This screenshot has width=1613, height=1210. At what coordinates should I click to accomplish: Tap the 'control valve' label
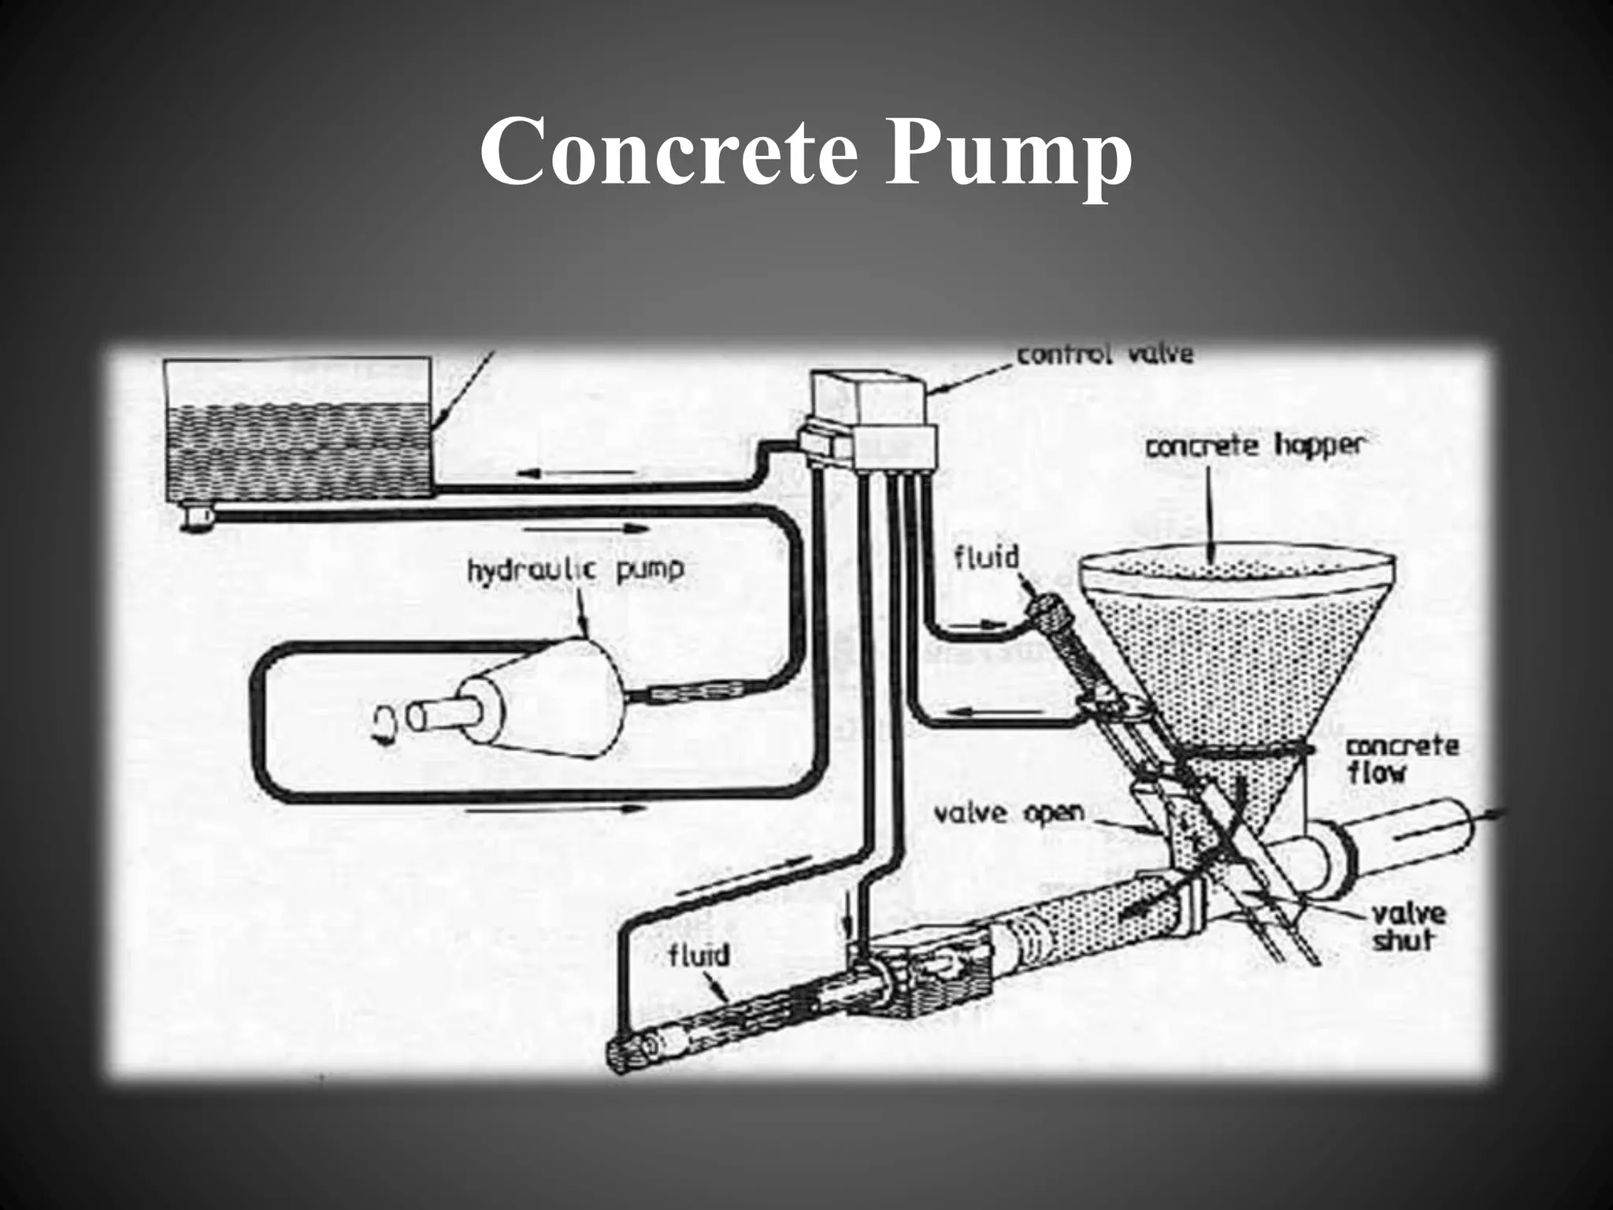point(1105,354)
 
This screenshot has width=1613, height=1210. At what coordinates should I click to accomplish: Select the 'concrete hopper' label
point(1254,447)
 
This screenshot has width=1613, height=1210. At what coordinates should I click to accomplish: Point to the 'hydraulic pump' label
point(576,569)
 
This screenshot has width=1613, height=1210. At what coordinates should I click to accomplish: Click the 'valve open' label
point(1008,812)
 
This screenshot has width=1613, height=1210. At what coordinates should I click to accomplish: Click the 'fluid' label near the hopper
point(986,558)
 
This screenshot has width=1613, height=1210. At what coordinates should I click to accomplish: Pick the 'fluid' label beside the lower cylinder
point(699,956)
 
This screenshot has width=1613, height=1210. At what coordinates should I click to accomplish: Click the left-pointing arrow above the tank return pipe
point(577,473)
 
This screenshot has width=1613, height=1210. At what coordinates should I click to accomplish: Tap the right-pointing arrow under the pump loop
point(555,808)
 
